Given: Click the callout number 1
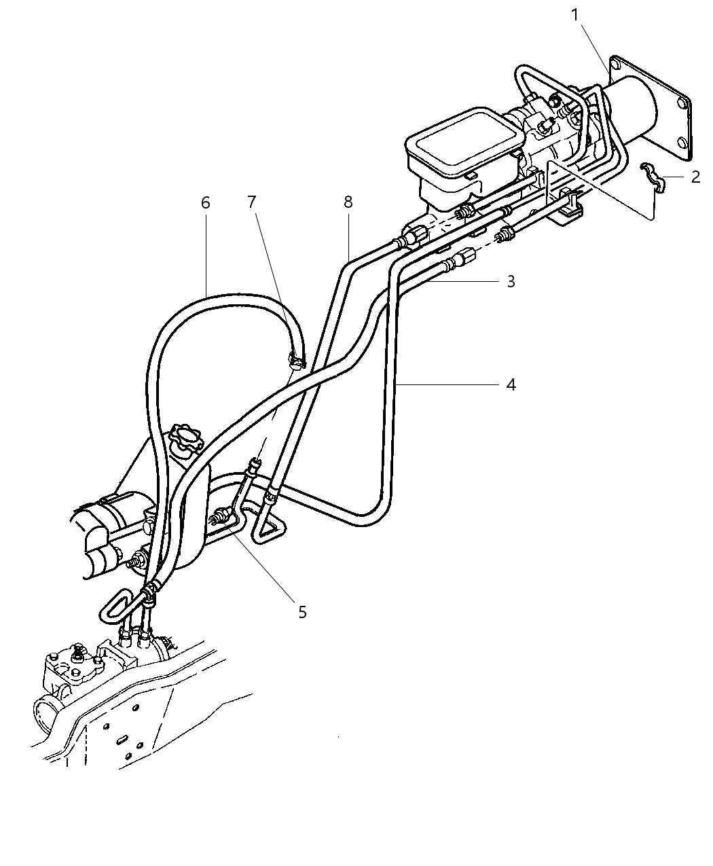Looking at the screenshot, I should point(575,14).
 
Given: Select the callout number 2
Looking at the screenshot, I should point(695,177).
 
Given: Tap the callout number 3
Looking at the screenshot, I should point(511,281).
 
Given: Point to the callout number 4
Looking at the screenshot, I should point(511,384).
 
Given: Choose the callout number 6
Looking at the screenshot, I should point(206,202).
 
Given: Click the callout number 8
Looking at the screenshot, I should point(348,202).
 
